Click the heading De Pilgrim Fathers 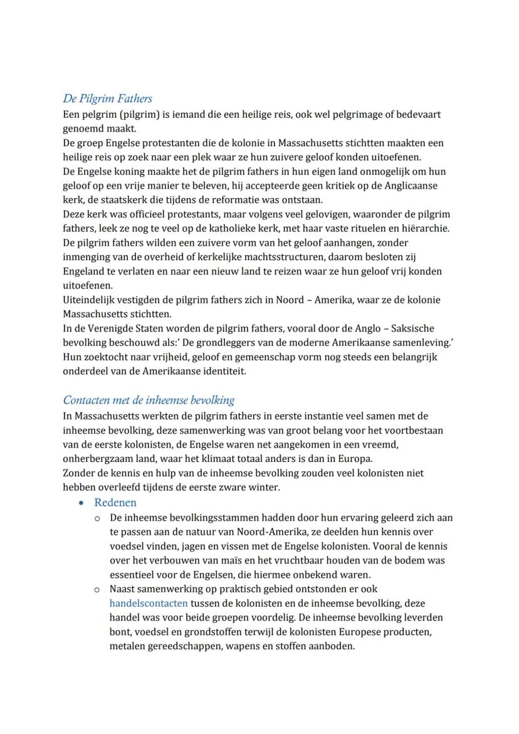coord(107,99)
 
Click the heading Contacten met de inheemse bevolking coord(149,400)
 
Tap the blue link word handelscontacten coord(149,603)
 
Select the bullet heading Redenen coord(115,503)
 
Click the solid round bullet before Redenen coord(82,503)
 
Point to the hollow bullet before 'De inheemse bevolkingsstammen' coord(97,518)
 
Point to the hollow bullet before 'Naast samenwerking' coord(97,590)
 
